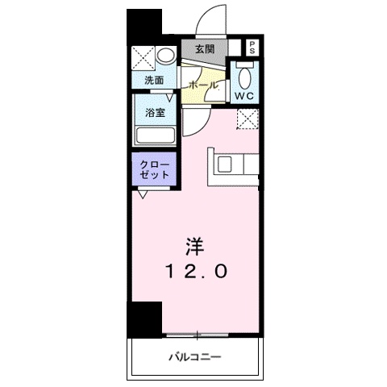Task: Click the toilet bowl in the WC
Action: (x=243, y=77)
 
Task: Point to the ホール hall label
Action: (x=202, y=84)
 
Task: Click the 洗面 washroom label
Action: (x=154, y=81)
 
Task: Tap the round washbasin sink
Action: (x=164, y=57)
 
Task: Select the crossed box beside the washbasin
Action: (x=144, y=57)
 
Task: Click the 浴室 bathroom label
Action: (x=156, y=113)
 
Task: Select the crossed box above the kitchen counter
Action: (x=248, y=120)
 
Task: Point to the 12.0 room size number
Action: (x=198, y=273)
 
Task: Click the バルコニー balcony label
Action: (x=195, y=356)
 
